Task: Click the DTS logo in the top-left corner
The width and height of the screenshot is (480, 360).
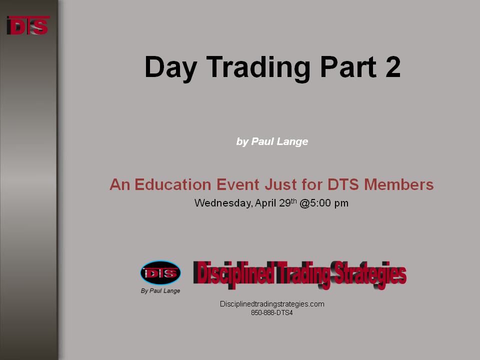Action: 28,25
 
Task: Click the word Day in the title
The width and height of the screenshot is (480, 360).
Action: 171,68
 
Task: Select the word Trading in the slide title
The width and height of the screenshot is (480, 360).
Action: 258,68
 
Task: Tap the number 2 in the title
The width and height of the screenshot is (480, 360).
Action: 393,66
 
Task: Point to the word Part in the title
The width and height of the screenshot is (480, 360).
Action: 348,66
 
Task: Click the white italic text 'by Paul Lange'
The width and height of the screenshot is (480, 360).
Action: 272,141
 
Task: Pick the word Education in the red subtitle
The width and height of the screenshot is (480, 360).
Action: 173,184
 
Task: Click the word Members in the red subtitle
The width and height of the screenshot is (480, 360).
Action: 399,184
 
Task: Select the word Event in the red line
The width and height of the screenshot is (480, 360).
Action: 238,184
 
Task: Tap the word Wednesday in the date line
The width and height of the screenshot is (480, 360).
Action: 223,203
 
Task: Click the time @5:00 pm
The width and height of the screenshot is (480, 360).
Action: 324,203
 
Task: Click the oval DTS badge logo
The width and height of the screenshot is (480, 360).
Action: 160,273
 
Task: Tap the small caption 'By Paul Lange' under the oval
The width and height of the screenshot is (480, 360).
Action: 160,291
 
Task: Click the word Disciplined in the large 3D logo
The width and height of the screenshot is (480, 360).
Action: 234,273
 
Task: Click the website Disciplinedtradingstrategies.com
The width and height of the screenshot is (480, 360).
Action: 272,304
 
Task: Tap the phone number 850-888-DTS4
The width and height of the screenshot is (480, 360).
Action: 272,313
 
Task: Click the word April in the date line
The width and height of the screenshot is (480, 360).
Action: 265,203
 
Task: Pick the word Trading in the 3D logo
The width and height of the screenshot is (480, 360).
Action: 303,274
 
